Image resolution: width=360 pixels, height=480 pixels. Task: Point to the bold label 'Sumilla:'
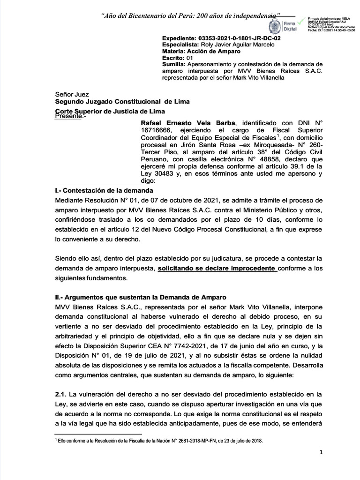173,64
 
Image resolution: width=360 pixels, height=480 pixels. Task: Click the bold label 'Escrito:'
173,58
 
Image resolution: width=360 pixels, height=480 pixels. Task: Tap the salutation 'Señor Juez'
72,94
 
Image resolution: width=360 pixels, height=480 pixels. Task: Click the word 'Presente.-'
70,115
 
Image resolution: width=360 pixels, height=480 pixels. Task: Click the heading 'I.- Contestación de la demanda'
104,190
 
